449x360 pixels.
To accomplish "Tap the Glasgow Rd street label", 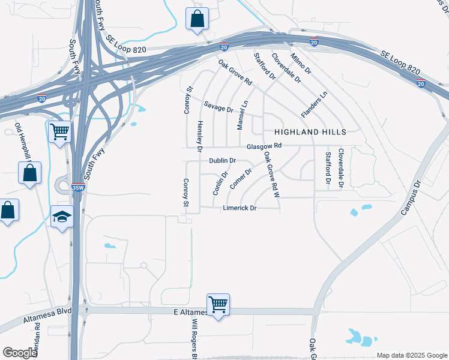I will tap(264, 146).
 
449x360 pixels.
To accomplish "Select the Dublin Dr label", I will tap(222, 161).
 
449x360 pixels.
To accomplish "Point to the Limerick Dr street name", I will tap(240, 208).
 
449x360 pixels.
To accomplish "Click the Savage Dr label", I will tap(218, 107).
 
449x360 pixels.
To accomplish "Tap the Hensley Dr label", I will tap(200, 135).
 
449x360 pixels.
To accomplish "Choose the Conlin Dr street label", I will tap(220, 183).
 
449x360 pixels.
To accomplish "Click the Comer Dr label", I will tap(240, 178).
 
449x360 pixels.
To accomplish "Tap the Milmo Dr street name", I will tap(301, 63).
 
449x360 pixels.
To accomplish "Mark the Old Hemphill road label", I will tap(22, 142).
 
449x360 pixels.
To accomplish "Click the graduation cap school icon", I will tap(62, 217).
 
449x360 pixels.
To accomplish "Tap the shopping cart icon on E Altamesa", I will tap(218, 304).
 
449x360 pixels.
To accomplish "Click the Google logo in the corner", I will tap(20, 353).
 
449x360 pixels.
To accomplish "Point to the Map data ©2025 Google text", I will tap(412, 355).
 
